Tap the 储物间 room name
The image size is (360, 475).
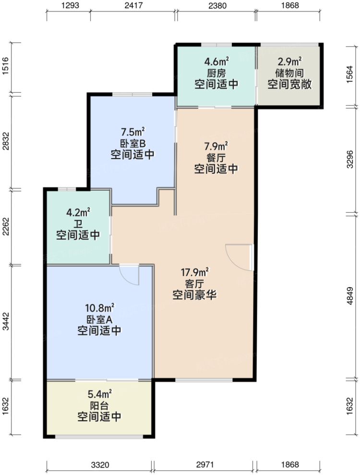(x=290, y=73)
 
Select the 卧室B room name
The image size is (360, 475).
(x=132, y=143)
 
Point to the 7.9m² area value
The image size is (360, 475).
(x=216, y=146)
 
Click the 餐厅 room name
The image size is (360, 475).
(x=216, y=157)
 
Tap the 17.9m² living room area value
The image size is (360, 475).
(x=194, y=271)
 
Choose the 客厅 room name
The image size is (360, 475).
(x=194, y=283)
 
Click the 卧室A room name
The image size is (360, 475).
(x=99, y=318)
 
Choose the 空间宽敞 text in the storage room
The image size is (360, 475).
(x=290, y=85)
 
